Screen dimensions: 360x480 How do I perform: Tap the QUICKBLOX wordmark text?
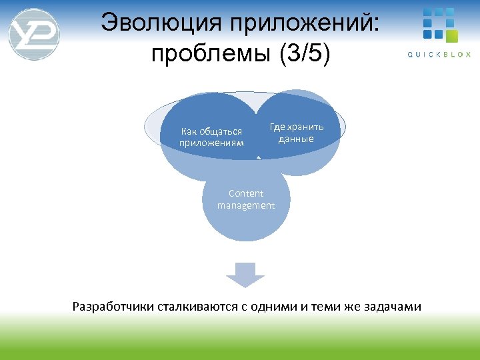click(439, 55)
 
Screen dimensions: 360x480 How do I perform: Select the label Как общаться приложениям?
click(211, 137)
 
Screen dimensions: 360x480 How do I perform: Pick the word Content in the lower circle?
click(245, 193)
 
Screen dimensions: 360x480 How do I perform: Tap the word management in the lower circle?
click(245, 205)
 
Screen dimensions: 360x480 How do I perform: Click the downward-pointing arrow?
click(245, 274)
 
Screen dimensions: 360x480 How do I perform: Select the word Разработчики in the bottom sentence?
click(113, 307)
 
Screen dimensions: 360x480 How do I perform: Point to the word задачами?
click(393, 307)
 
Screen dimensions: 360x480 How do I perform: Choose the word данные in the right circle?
click(296, 139)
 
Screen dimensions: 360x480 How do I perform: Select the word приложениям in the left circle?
click(211, 143)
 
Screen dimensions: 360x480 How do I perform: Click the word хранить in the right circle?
click(305, 127)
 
